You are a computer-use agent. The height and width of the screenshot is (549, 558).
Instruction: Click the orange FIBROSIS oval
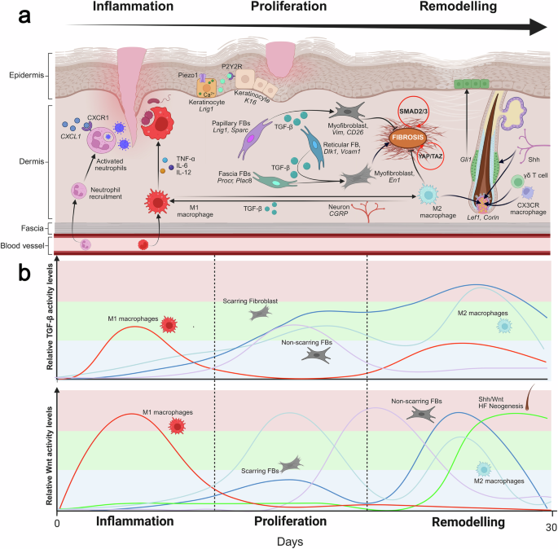pos(408,138)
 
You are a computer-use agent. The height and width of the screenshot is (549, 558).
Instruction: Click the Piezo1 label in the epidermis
pos(188,76)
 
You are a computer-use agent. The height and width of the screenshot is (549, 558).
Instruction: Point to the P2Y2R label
pos(232,67)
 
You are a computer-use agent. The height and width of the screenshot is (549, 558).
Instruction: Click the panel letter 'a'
pos(24,16)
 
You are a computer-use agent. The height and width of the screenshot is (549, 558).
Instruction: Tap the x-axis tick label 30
pos(551,527)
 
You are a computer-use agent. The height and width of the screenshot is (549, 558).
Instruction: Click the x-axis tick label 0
pos(57,524)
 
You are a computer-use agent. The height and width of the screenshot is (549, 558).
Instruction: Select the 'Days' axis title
pos(290,542)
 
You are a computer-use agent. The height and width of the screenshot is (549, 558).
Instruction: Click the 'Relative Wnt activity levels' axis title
pos(49,456)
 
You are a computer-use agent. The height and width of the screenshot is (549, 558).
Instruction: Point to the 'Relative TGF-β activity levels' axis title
pos(50,317)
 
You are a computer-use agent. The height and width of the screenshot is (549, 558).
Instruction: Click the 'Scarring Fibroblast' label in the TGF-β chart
pos(250,301)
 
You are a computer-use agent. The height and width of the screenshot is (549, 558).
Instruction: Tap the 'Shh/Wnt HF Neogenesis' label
pos(501,402)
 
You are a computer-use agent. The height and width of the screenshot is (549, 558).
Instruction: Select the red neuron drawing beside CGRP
pos(367,211)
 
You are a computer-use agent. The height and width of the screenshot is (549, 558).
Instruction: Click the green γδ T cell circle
pos(517,182)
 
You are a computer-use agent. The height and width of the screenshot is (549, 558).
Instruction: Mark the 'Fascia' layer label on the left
pos(32,228)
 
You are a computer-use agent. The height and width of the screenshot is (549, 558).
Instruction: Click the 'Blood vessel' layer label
pos(23,246)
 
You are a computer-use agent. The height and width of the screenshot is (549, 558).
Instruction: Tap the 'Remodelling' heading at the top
pos(458,6)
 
